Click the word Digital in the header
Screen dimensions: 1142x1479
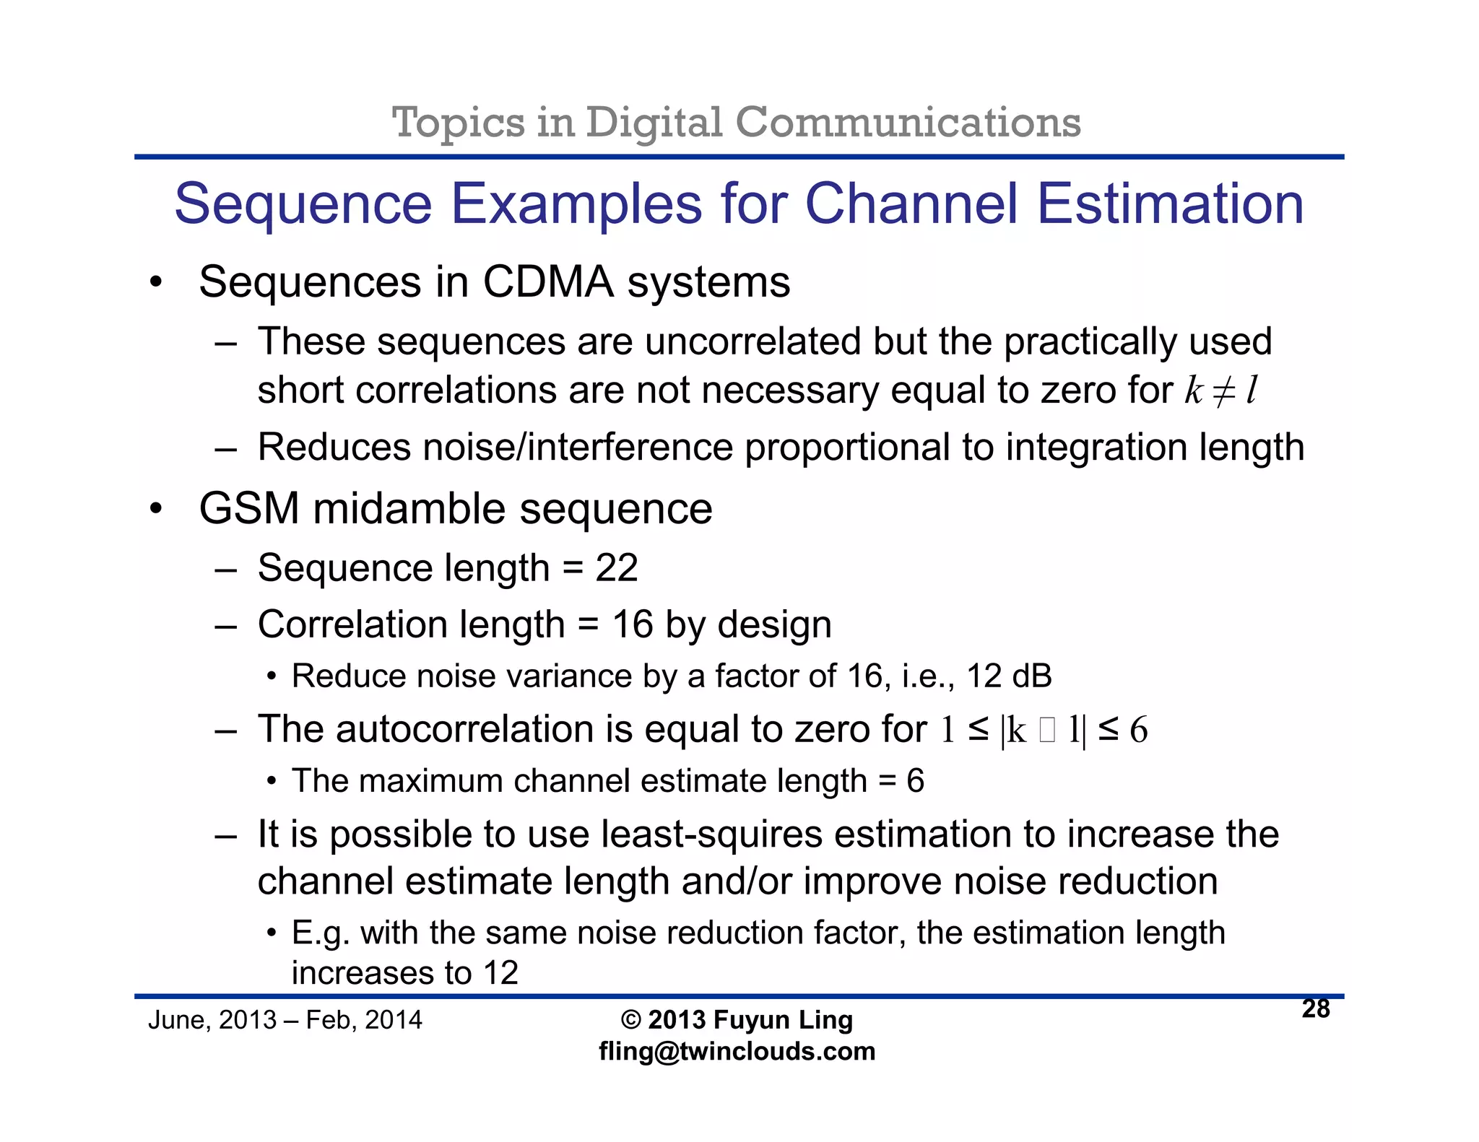[654, 123]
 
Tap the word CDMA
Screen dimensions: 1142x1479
[548, 282]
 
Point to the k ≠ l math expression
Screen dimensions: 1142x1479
[1220, 391]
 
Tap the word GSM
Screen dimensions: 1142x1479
[249, 509]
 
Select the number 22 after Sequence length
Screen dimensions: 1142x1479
[616, 568]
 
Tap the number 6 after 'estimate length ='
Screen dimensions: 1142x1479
[915, 781]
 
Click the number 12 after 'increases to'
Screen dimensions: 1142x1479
[500, 973]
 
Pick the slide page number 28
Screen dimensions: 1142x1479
[1316, 1009]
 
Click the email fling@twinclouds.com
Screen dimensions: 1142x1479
[737, 1051]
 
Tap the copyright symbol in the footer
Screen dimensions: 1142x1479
[630, 1020]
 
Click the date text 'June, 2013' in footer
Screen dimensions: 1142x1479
[212, 1020]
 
